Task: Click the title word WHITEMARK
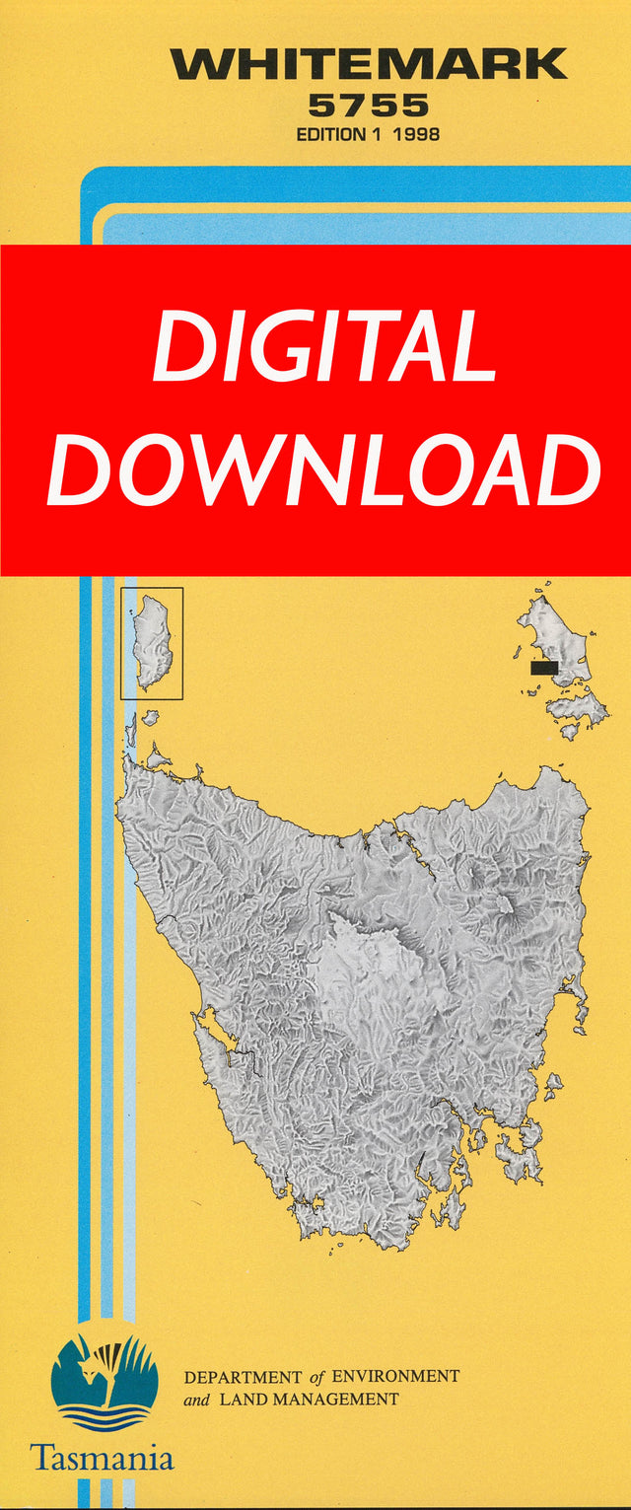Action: click(369, 65)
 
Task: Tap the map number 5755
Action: click(368, 106)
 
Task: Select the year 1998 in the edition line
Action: click(415, 134)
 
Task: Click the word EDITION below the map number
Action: click(330, 134)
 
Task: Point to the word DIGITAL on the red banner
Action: click(323, 347)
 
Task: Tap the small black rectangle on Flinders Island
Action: click(543, 668)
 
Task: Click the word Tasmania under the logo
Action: click(102, 1458)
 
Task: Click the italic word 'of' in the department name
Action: click(316, 1376)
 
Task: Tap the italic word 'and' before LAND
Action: click(196, 1399)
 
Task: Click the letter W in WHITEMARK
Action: click(193, 65)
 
